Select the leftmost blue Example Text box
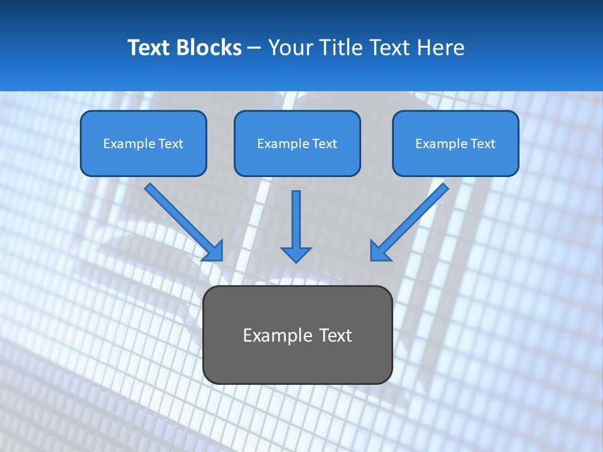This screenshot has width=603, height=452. (143, 143)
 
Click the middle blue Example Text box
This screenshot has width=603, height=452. (297, 143)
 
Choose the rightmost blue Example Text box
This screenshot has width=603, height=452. (455, 143)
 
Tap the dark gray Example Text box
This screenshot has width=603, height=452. (298, 335)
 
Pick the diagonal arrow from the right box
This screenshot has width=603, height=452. (414, 217)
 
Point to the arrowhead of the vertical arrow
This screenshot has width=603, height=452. (296, 254)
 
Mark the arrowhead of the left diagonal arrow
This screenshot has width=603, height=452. (215, 252)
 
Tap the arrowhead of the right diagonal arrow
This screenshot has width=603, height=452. (379, 252)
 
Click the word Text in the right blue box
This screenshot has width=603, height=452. (483, 144)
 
